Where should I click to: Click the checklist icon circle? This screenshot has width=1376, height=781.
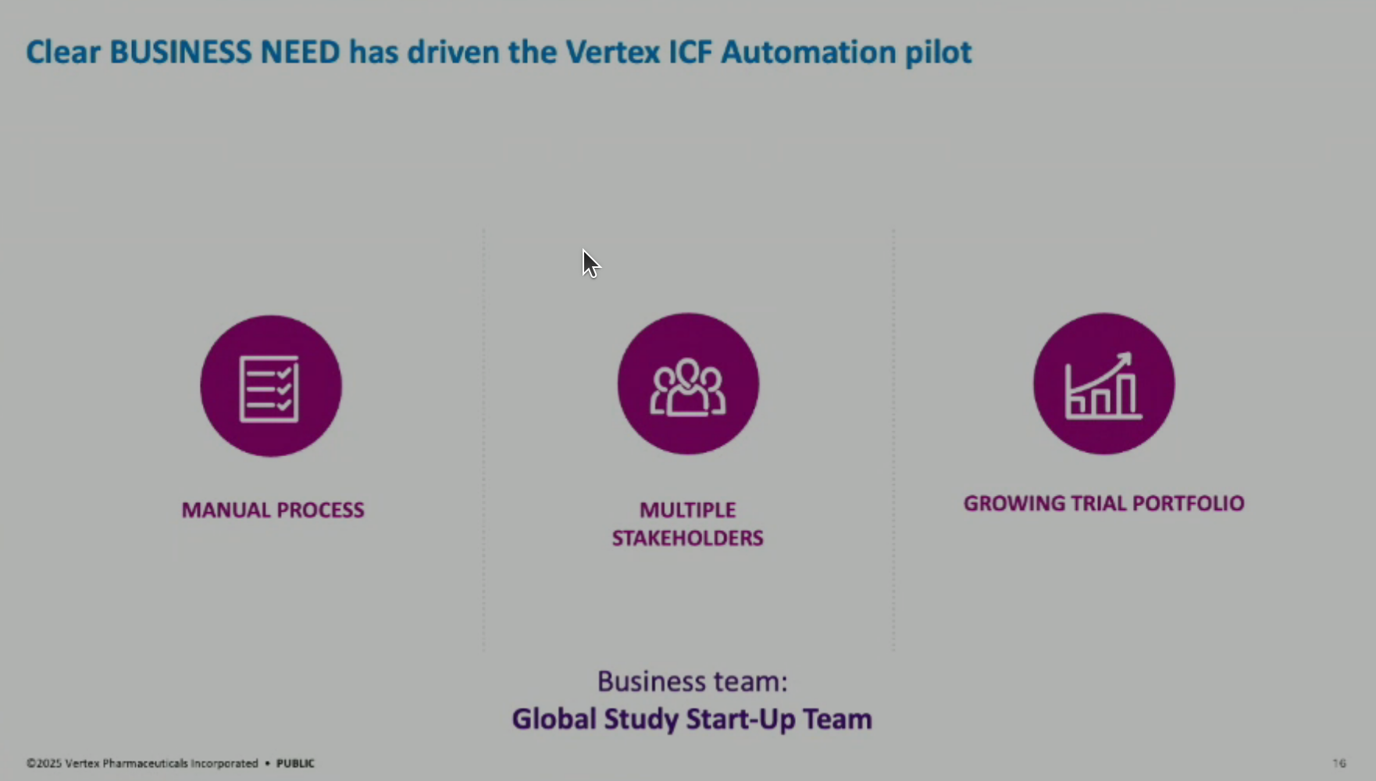[271, 386]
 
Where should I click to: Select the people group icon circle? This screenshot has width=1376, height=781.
[688, 383]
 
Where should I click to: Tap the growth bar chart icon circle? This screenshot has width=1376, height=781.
[1103, 383]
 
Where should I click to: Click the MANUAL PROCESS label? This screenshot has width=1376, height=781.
[273, 510]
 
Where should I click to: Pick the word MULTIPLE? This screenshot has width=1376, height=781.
[688, 510]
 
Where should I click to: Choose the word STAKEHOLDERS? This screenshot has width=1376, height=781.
[688, 538]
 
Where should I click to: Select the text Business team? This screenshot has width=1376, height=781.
[693, 681]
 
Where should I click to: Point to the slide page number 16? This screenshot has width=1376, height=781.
[1339, 763]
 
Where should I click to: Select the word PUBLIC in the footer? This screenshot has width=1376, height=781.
[295, 763]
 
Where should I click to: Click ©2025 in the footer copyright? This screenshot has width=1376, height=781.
[44, 763]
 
